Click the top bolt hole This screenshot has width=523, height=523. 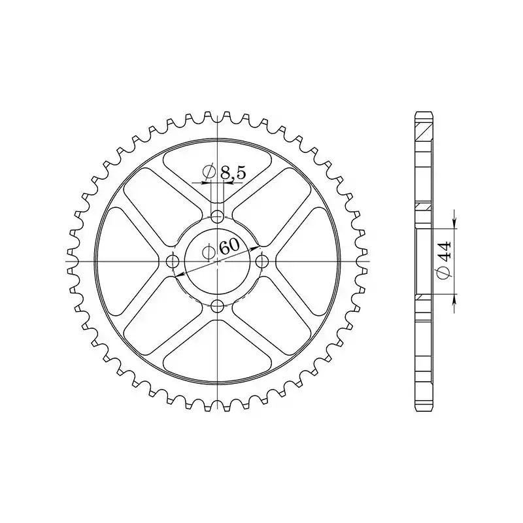pyautogui.click(x=218, y=216)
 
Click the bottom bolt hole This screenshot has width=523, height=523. pyautogui.click(x=218, y=305)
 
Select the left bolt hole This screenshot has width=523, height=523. pyautogui.click(x=173, y=261)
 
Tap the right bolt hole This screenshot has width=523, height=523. pyautogui.click(x=262, y=261)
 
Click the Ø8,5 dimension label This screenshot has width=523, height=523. pyautogui.click(x=224, y=173)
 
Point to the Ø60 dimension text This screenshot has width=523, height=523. pyautogui.click(x=221, y=248)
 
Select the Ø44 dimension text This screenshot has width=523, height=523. pyautogui.click(x=445, y=260)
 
